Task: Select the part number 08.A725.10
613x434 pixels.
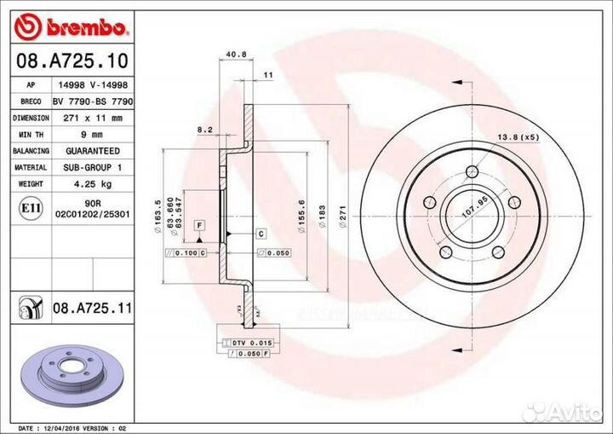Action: tap(67, 61)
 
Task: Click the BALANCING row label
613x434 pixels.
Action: tap(31, 151)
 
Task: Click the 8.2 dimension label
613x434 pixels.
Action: tap(205, 130)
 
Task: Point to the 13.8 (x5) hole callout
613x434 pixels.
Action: tap(518, 137)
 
